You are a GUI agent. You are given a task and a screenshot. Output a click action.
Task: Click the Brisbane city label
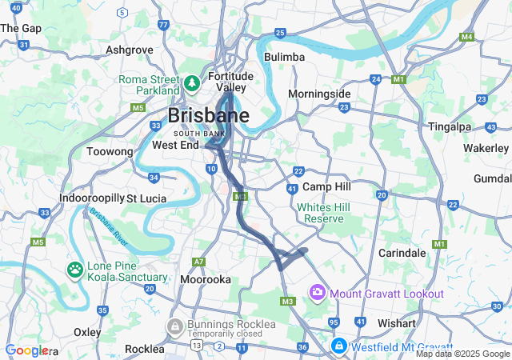208,115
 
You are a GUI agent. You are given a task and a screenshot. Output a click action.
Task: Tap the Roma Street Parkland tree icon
192,82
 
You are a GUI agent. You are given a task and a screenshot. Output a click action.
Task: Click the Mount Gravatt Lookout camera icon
318,293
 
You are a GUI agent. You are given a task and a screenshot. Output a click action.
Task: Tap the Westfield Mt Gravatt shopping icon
339,346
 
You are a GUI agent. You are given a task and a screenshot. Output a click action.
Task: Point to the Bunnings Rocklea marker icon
174,327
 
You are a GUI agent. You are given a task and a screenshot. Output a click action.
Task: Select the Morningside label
319,94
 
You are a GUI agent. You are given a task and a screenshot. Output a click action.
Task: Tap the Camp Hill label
327,186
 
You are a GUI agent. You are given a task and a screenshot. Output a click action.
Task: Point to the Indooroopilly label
90,198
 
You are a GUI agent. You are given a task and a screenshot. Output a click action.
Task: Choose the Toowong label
109,150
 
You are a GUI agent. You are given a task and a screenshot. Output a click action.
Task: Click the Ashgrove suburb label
129,50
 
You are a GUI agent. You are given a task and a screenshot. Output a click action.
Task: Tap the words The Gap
20,27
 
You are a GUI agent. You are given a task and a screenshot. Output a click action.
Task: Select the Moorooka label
206,280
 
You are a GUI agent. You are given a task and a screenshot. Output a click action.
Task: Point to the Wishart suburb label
397,323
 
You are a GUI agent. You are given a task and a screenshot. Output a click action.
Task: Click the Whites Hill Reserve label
320,212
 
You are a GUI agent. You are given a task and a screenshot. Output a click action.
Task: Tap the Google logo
26,350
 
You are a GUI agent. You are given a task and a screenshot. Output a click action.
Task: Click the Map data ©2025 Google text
462,354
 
